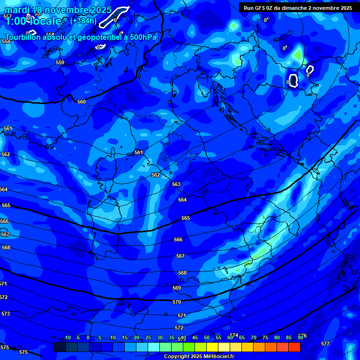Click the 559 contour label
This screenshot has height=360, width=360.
(60, 62)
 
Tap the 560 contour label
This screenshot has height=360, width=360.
(82, 102)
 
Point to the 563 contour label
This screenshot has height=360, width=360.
(176, 184)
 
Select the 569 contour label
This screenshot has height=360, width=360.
(177, 288)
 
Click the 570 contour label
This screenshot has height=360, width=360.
(177, 302)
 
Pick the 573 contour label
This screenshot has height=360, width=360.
(6, 314)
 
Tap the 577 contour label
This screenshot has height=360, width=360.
(325, 344)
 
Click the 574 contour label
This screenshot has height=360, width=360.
(234, 335)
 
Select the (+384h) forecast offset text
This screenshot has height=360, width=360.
(83, 21)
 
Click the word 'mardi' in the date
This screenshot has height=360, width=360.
(18, 10)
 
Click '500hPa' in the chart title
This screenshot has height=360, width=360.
(143, 37)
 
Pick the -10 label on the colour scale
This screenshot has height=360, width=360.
(67, 338)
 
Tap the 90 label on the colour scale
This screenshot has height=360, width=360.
(300, 338)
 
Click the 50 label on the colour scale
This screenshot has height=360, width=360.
(207, 338)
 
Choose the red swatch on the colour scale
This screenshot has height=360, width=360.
(294, 347)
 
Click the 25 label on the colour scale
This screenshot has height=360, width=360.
(148, 338)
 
